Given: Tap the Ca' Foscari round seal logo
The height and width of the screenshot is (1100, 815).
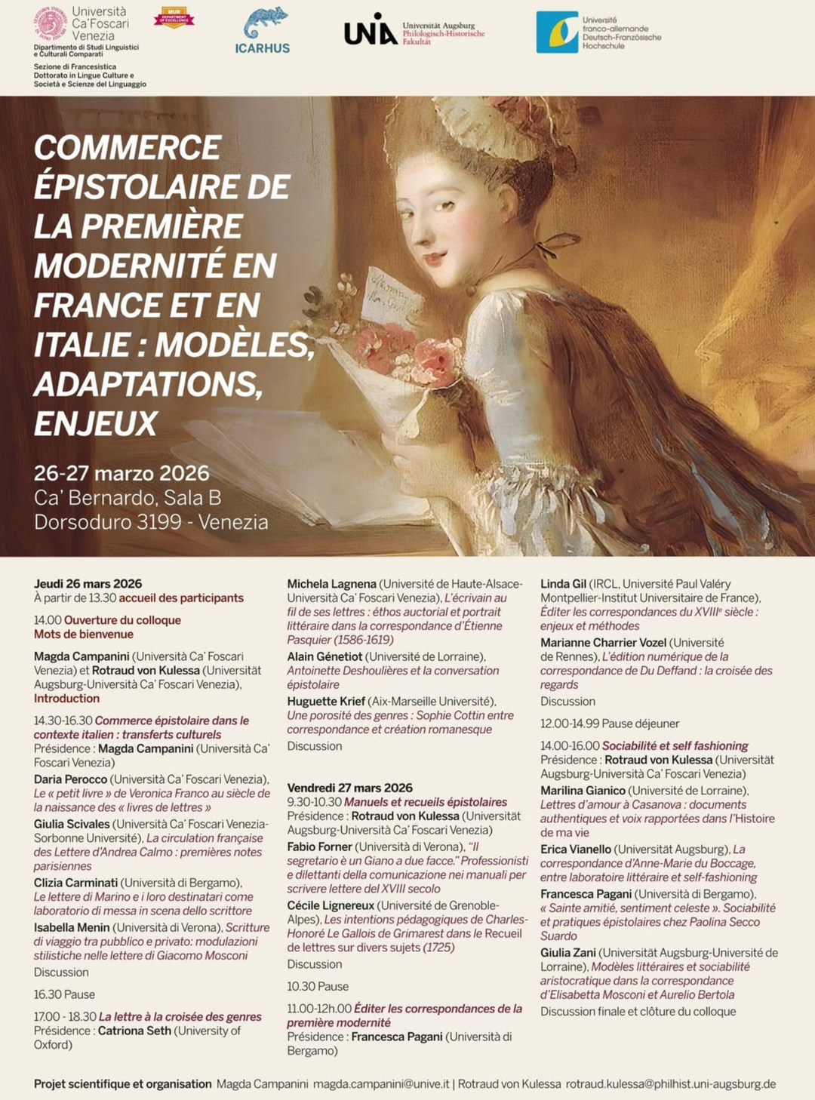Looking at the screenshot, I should coord(51,23).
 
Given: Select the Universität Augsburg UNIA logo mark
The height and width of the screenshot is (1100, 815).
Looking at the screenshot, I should coord(370,29).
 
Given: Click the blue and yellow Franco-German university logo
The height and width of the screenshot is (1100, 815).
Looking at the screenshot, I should coord(557,32).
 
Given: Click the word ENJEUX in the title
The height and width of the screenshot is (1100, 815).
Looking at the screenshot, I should coord(96,423).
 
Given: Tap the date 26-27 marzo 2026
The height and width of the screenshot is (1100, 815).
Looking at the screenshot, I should coord(121,473).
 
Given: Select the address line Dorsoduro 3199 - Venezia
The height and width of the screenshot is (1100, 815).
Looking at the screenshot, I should coord(151,521).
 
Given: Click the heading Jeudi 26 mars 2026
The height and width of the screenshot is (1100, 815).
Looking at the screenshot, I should coord(88,583).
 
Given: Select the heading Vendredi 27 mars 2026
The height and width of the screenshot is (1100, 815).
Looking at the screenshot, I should coord(349,788).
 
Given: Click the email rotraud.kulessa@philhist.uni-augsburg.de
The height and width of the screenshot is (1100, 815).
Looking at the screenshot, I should coord(671,1083).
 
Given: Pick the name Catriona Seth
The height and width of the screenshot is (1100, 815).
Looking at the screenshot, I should coord(134,1031).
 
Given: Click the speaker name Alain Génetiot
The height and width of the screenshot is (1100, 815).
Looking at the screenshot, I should coord(324,656).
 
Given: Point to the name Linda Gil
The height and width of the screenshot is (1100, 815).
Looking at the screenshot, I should coord(563,583).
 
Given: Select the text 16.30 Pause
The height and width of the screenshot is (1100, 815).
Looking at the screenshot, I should coord(64,994).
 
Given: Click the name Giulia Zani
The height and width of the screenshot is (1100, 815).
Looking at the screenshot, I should coord(567,953).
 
